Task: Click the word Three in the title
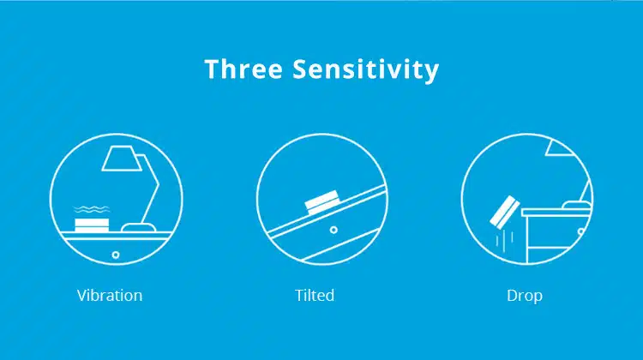tap(243, 69)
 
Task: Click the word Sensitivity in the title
tap(365, 69)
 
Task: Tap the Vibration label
tap(110, 295)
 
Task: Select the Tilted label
tap(315, 295)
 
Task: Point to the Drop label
tap(525, 296)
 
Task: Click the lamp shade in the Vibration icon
tap(122, 159)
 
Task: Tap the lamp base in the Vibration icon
tap(139, 227)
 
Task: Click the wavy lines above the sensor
tap(92, 209)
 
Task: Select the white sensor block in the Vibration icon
tap(92, 225)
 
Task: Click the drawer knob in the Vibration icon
tap(116, 255)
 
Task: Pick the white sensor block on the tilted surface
tap(322, 202)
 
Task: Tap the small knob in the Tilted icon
tap(334, 230)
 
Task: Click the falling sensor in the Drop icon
tap(505, 212)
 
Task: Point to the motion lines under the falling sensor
tap(505, 239)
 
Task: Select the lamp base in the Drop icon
tap(577, 205)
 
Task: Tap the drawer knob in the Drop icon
tap(581, 231)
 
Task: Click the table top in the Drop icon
tap(557, 213)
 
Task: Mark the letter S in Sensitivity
tap(300, 69)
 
